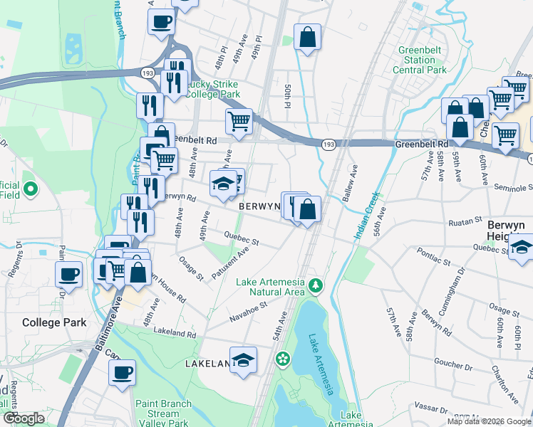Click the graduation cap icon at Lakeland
click(243, 358)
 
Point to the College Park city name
click(54, 322)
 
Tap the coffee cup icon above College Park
click(69, 274)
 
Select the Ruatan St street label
click(466, 223)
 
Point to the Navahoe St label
click(249, 310)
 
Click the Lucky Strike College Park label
click(212, 88)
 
